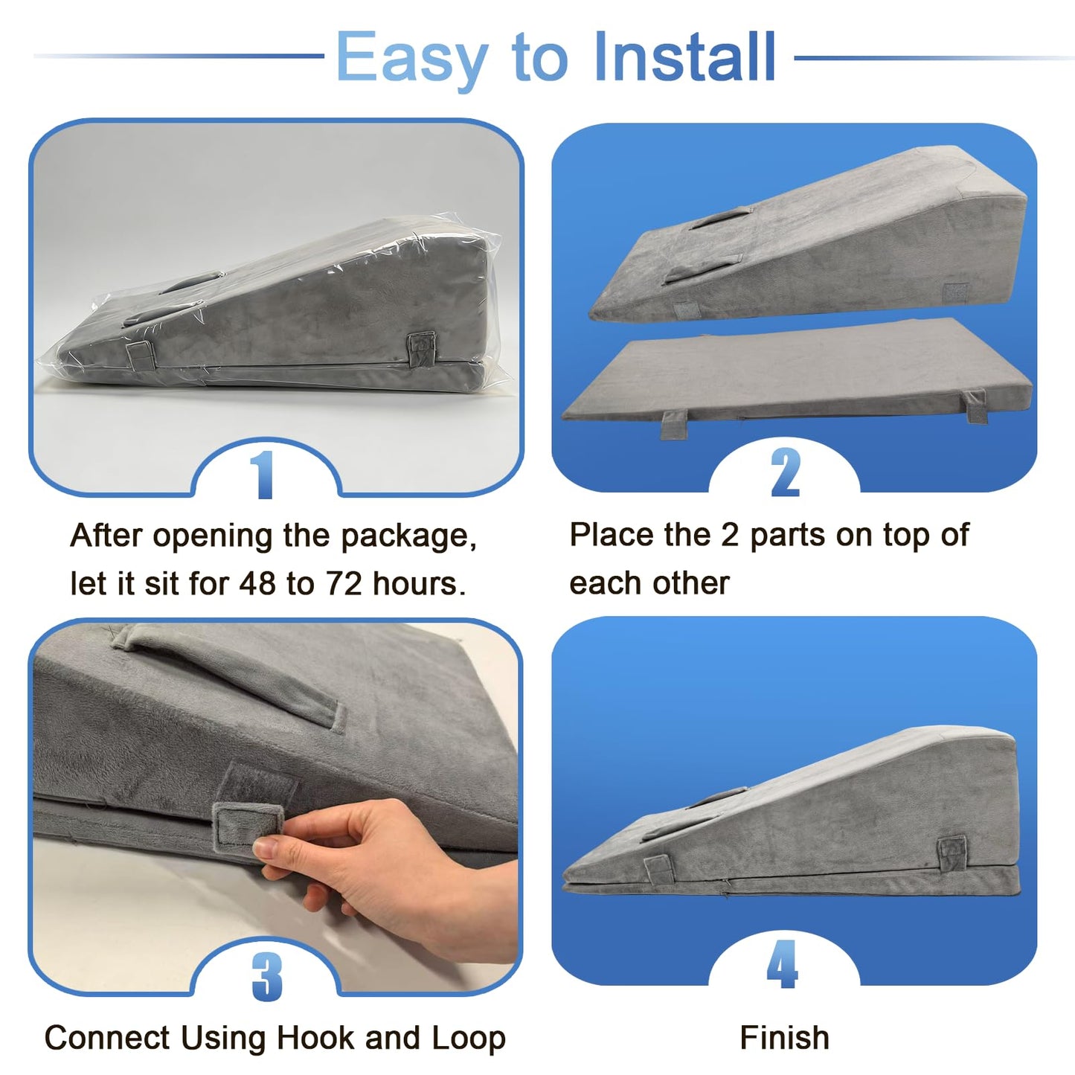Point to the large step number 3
coord(266,976)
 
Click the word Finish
coord(784,1038)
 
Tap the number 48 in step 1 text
coord(257,583)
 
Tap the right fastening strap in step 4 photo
coord(952,853)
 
